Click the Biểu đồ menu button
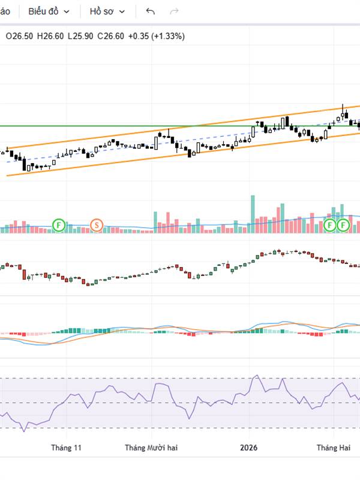pos(49,11)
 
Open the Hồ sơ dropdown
pos(107,11)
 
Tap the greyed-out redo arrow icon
pos(175,11)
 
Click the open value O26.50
pos(19,36)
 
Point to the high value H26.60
pos(50,36)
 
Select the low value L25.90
pos(81,36)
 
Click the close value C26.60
pos(111,36)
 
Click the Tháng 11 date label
pos(66,448)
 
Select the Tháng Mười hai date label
pos(151,448)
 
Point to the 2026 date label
pos(248,448)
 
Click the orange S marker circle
pos(96,226)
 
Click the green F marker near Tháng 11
pos(59,226)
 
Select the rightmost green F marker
pos(343,226)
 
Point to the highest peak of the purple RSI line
pos(257,376)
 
